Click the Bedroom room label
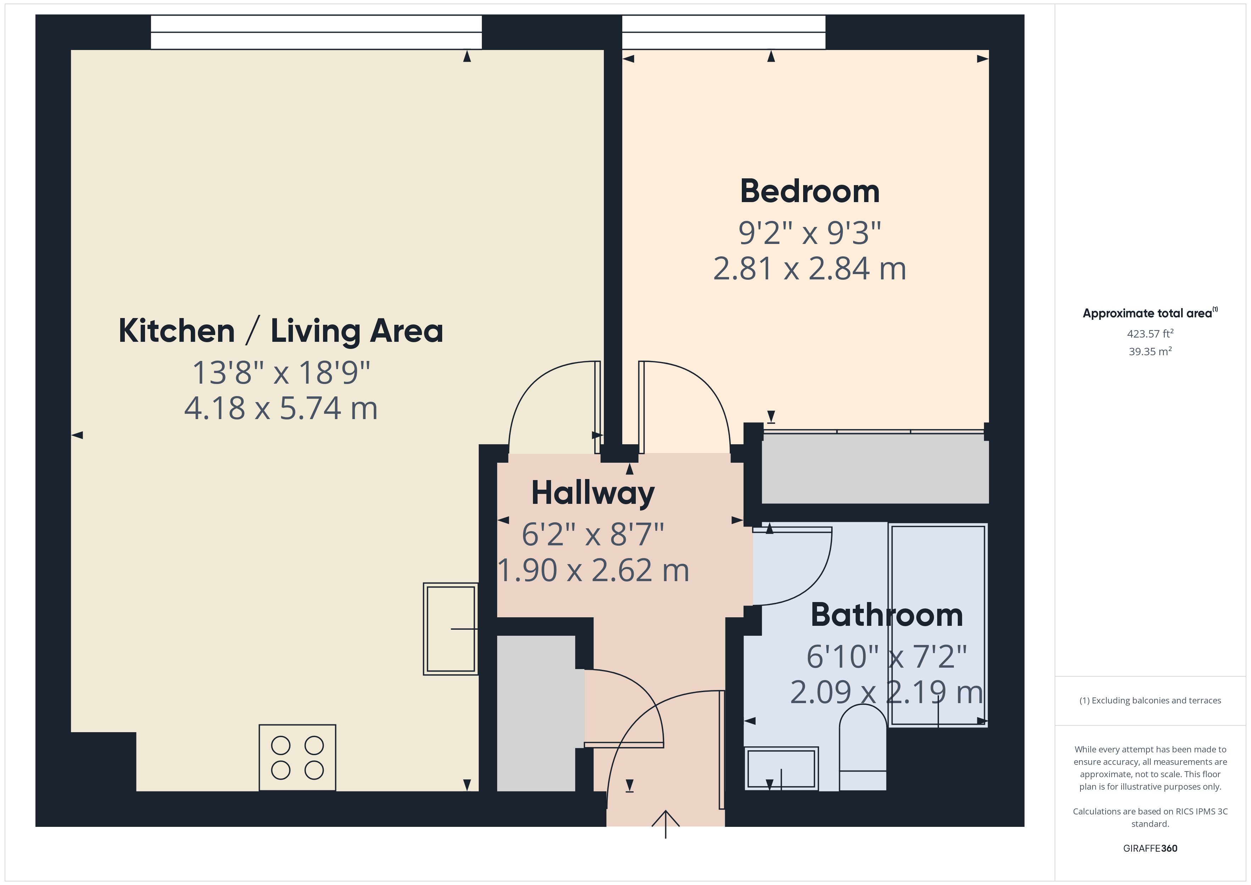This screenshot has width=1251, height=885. click(810, 192)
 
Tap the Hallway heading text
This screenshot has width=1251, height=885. click(593, 493)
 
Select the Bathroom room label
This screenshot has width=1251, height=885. click(886, 615)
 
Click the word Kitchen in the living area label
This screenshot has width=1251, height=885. click(177, 331)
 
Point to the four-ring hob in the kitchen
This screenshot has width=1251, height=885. click(298, 757)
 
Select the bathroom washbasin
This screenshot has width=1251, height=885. click(781, 768)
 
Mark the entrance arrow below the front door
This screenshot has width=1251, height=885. click(665, 823)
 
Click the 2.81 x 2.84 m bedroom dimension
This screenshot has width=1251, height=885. click(810, 269)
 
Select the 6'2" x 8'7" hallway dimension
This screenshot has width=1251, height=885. click(593, 535)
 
